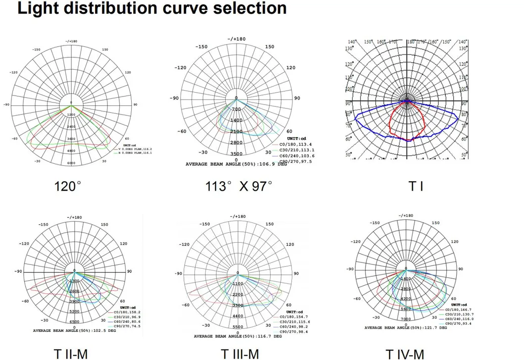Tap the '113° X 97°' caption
coord(239,186)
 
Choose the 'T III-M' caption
coord(240,354)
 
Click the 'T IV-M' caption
coord(405,354)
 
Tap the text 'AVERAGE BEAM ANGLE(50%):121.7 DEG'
coord(406,328)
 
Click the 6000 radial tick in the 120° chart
coord(71,163)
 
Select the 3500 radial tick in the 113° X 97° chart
coord(237,154)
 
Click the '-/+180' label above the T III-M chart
coord(238,216)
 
